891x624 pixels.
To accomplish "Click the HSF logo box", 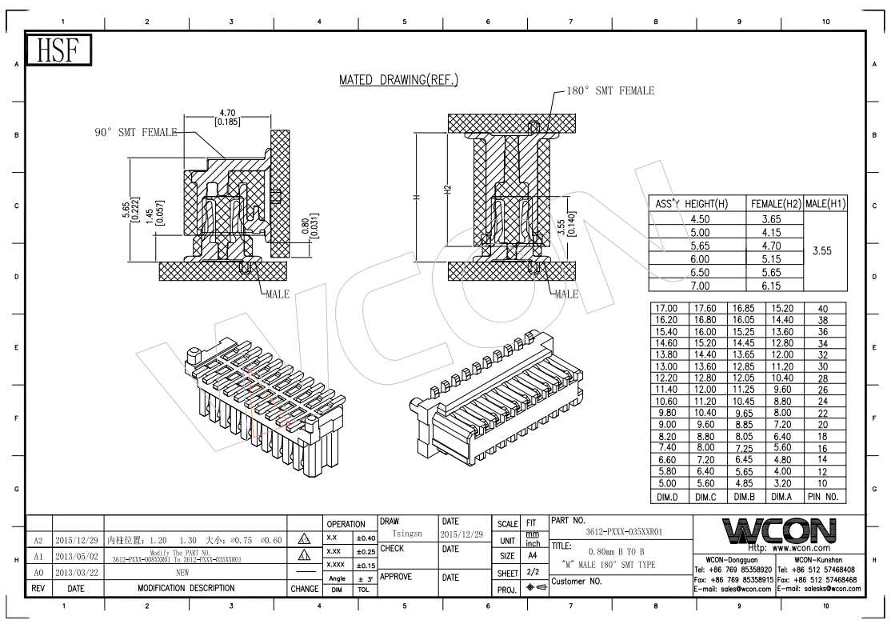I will click(x=60, y=52).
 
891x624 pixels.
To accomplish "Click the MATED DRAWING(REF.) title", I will click(x=398, y=81).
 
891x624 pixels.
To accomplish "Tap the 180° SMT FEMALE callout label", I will click(x=610, y=90).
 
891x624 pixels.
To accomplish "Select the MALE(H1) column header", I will click(x=825, y=204).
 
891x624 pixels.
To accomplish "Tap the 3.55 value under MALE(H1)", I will click(x=825, y=251).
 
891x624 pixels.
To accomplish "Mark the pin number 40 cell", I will click(x=824, y=308).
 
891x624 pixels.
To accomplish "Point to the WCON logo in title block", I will click(x=776, y=530).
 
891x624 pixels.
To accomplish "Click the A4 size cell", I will click(x=529, y=555).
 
